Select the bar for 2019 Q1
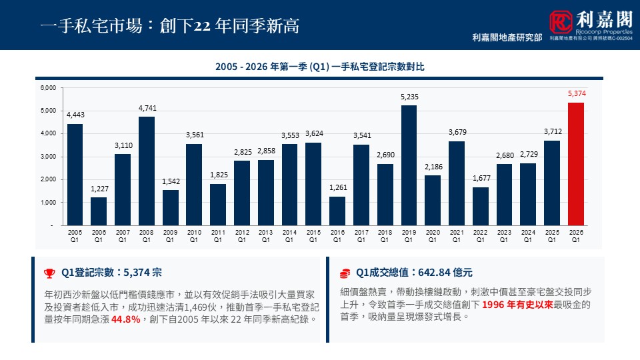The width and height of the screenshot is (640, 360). tap(409, 166)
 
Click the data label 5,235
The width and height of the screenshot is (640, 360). tap(409, 97)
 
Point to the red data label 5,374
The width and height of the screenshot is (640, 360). tap(576, 94)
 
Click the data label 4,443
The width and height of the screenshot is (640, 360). tap(75, 115)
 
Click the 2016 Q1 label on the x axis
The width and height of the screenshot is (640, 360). tap(337, 235)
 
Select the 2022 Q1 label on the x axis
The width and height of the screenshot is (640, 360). tap(480, 235)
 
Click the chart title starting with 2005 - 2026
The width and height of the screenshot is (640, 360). tap(320, 67)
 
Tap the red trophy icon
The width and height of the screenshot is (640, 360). tap(49, 273)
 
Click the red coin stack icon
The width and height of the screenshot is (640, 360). tap(344, 273)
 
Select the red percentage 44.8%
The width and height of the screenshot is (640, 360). tap(125, 319)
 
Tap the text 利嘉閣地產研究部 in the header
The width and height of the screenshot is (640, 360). tap(507, 38)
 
